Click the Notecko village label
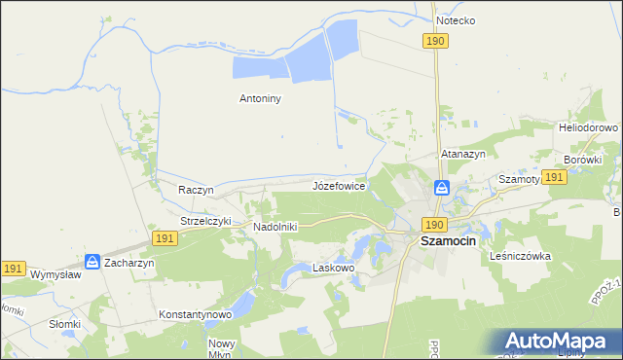456,19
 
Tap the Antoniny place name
261,97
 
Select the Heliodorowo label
589,127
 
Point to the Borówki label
583,159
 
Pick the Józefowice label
339,185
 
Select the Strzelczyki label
205,221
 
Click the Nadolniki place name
275,227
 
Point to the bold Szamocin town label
448,241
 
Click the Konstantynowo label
195,314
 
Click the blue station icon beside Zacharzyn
92,261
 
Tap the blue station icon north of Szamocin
441,188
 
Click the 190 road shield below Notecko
435,40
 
